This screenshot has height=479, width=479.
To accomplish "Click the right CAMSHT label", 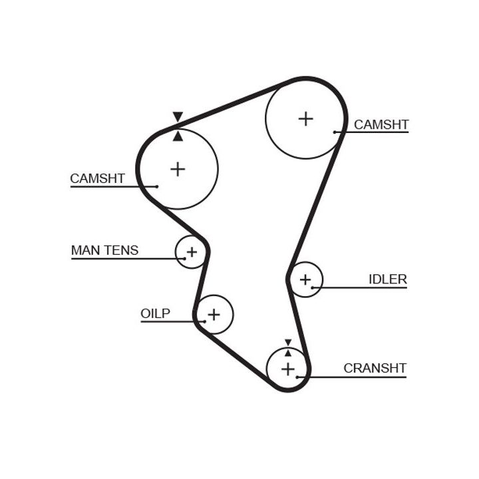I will [x=381, y=124].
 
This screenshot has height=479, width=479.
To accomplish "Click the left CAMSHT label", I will [x=97, y=178].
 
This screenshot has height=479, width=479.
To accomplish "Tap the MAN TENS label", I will [x=104, y=250].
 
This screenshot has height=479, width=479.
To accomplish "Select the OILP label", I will [x=155, y=313].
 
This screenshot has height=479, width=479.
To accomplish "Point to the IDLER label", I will [x=387, y=279].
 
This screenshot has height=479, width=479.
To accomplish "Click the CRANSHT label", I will [x=375, y=368].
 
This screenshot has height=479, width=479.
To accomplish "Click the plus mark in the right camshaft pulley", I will [x=305, y=118].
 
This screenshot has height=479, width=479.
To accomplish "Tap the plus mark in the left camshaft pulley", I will [x=178, y=169].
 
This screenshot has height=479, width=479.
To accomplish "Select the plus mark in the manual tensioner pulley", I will [x=192, y=252].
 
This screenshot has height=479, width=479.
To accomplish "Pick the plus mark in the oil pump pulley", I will [x=214, y=314].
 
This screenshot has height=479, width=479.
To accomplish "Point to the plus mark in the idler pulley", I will [x=305, y=279].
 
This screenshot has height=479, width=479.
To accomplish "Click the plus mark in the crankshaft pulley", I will [x=287, y=368].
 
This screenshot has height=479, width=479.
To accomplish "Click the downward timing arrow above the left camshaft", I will [x=177, y=117].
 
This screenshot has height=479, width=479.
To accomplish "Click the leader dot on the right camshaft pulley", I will [x=335, y=132].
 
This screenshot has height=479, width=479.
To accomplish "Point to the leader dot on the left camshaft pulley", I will [x=157, y=186].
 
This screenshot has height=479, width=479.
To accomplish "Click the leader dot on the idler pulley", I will [x=313, y=287].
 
